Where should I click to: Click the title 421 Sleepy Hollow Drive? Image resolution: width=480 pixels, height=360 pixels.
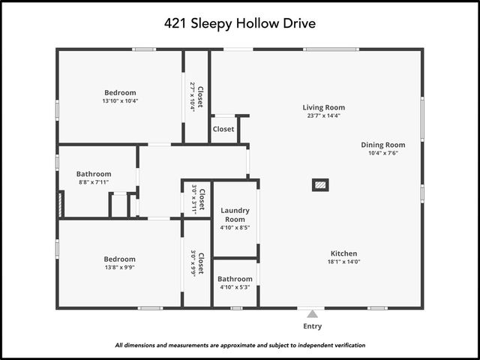(240, 23)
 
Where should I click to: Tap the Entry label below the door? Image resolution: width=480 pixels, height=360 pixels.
(312, 326)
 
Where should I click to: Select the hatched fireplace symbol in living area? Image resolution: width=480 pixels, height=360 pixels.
(320, 184)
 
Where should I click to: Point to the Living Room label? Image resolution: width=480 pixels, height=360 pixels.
(324, 107)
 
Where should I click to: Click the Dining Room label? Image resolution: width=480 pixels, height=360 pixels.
(382, 145)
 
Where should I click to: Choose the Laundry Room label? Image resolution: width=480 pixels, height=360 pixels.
(235, 215)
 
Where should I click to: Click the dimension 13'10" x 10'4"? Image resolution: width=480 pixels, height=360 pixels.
(120, 100)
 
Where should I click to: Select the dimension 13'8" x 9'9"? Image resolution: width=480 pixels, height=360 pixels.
(120, 267)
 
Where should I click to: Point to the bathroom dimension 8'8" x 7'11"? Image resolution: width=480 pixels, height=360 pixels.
(94, 182)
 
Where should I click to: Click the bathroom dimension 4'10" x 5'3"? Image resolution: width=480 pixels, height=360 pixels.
(235, 287)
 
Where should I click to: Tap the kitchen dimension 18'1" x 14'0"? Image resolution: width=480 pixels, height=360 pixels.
(344, 262)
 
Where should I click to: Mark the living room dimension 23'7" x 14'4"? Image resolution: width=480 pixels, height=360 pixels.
(324, 115)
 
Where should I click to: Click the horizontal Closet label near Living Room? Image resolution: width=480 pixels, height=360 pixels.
(223, 129)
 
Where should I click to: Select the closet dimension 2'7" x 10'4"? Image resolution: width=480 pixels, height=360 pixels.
(193, 97)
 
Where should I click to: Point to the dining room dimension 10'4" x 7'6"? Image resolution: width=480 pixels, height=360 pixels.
(382, 153)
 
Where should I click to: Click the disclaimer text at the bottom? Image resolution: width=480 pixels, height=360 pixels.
(240, 346)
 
